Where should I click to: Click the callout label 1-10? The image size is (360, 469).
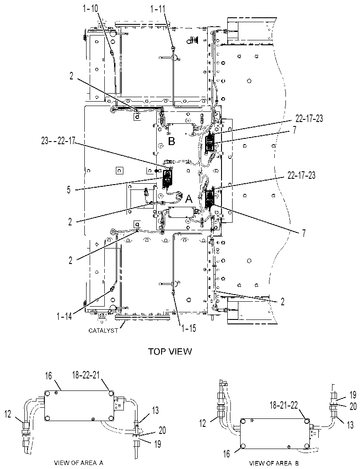(x=90, y=9)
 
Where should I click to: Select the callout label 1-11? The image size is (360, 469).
(x=158, y=9)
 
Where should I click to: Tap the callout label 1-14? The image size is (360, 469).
(x=64, y=316)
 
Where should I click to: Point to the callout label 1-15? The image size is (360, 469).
(x=188, y=328)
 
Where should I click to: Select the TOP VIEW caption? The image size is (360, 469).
(x=170, y=351)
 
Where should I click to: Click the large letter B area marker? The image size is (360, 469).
(x=171, y=141)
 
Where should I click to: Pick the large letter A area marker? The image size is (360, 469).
(x=189, y=199)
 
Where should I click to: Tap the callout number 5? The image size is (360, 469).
(x=69, y=189)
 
